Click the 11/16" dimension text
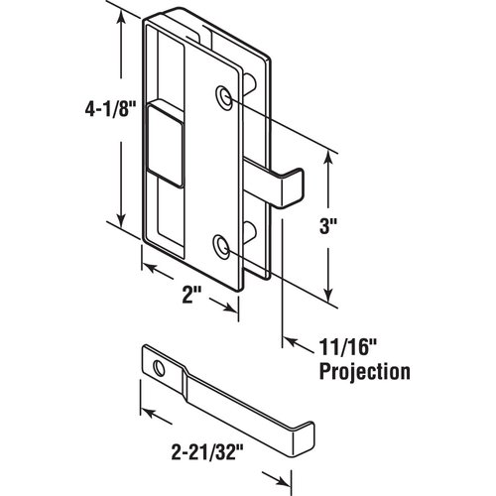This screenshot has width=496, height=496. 344,347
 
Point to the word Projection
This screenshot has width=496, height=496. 364,372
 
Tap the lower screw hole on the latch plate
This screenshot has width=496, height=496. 222,245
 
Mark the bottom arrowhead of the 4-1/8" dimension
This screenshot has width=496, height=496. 120,225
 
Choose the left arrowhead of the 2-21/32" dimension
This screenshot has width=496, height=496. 143,411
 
